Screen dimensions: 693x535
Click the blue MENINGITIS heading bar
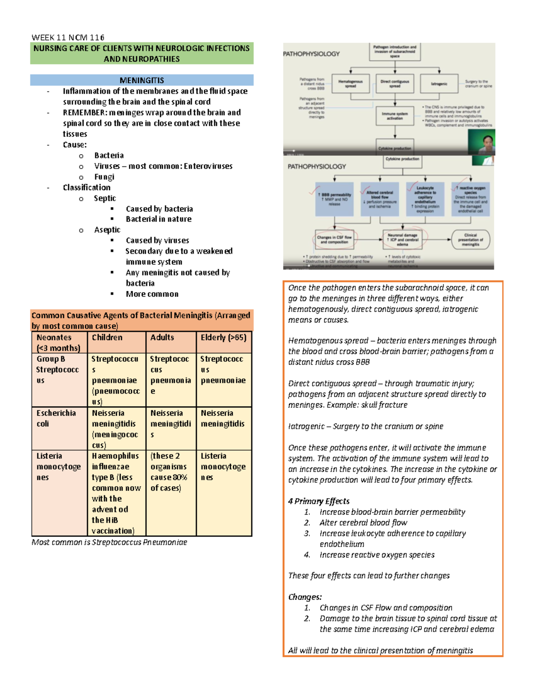pos(142,80)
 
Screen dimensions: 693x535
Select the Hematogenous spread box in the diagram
pos(350,83)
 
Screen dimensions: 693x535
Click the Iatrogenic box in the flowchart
pos(439,83)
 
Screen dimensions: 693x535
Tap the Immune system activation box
pos(395,116)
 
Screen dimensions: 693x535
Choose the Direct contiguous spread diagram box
pos(395,83)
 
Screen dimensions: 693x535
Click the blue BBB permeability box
pos(334,199)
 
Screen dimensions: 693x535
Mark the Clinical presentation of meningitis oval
pos(470,240)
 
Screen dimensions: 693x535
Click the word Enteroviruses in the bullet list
pos(208,166)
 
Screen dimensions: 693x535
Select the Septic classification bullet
pos(105,198)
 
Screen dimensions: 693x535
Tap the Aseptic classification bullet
pos(107,230)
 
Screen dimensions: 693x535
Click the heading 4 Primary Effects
pos(319,501)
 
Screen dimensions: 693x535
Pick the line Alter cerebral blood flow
pos(363,523)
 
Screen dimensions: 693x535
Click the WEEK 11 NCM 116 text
pos(68,37)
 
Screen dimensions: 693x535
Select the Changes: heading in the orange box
pos(305,597)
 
